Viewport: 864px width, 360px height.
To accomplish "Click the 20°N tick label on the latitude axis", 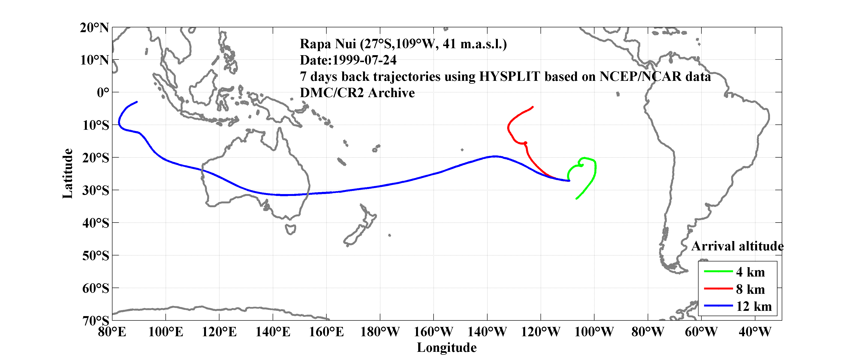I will pyautogui.click(x=94, y=28).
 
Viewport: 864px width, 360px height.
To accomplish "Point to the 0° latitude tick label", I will pyautogui.click(x=103, y=93).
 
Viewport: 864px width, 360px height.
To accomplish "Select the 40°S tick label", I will pyautogui.click(x=96, y=223).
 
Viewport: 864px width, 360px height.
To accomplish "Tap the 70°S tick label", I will pyautogui.click(x=96, y=321).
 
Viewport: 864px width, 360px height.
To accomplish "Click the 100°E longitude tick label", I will pyautogui.click(x=166, y=332).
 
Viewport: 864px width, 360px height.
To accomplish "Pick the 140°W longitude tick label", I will pyautogui.click(x=487, y=332).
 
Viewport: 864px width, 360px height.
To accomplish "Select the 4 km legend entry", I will pyautogui.click(x=750, y=272).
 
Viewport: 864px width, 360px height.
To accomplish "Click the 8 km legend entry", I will pyautogui.click(x=750, y=289).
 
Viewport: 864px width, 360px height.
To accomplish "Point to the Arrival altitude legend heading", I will pyautogui.click(x=737, y=246).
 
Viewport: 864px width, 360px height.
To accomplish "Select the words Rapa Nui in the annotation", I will pyautogui.click(x=328, y=44).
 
